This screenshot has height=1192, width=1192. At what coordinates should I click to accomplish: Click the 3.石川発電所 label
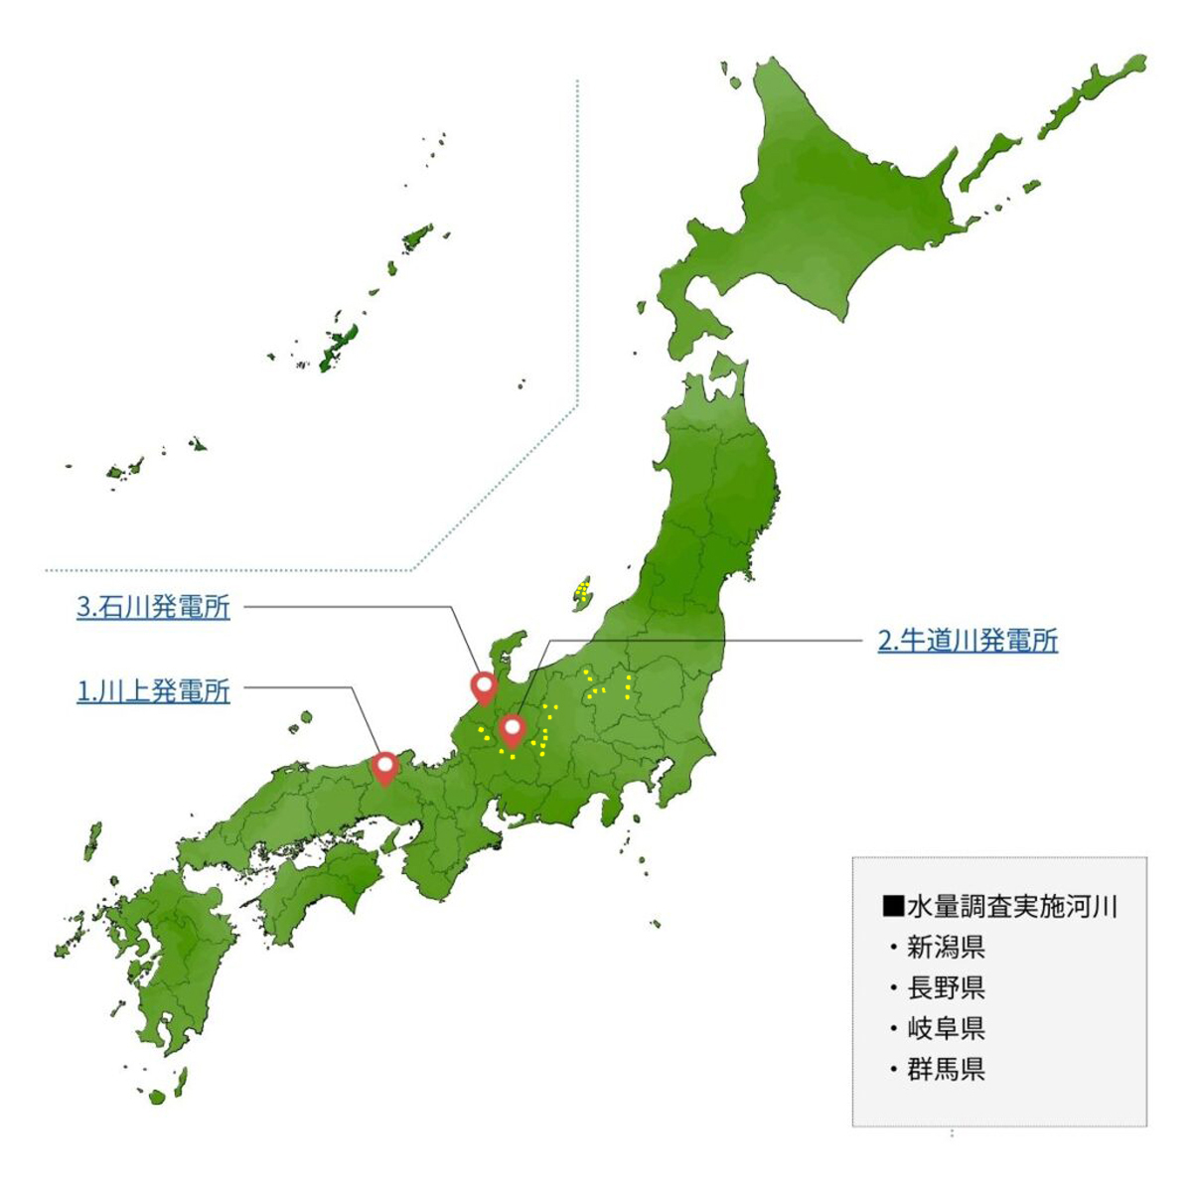coord(153,608)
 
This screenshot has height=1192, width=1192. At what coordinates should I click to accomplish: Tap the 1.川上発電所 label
coord(153,691)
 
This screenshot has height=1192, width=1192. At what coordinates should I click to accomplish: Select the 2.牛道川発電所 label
coord(968,641)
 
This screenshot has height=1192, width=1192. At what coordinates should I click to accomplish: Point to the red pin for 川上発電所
coord(385,768)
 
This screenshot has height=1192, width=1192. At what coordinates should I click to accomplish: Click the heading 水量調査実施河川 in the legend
coord(1011,906)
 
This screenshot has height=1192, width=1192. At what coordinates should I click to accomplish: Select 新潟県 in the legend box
coord(946,947)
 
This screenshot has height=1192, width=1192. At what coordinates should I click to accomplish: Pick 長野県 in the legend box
coord(946,987)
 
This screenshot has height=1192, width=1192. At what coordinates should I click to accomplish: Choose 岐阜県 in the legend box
coord(946,1028)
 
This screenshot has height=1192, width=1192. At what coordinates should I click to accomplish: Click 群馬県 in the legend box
coord(946,1070)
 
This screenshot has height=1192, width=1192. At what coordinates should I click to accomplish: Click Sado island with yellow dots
coord(582,594)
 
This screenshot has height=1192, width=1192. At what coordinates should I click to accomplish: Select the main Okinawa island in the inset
coord(338,343)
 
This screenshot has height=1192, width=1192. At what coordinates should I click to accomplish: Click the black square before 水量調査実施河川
coord(891,906)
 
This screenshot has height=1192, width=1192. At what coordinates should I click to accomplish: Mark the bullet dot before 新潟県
coord(893,948)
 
